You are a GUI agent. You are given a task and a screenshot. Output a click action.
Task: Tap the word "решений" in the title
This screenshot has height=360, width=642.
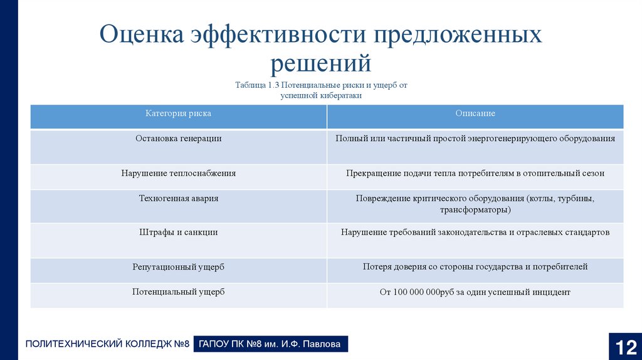321,63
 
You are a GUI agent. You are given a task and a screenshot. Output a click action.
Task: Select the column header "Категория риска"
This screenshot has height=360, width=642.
179,114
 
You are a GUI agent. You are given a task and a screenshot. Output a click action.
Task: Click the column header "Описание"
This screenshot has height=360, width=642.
475,114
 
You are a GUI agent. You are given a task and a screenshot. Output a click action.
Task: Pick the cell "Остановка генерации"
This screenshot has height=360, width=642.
179,138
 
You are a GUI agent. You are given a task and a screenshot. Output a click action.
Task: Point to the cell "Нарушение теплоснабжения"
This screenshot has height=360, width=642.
179,172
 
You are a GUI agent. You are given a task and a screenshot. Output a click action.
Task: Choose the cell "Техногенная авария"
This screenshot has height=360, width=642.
179,198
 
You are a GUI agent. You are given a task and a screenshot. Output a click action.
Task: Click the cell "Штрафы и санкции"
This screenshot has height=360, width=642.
179,232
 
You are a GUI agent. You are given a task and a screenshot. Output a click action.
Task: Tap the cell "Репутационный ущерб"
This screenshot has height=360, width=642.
179,267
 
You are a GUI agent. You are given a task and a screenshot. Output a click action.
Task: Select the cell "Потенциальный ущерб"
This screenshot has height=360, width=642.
179,292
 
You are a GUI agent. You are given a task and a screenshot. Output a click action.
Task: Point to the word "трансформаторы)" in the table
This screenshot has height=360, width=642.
475,209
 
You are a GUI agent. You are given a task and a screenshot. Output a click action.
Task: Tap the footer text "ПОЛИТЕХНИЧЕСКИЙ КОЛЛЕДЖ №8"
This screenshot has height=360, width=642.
107,344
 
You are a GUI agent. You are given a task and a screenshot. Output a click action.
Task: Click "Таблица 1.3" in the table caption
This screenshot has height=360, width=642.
258,85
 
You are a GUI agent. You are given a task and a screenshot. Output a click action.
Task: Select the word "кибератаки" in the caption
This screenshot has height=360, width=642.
340,96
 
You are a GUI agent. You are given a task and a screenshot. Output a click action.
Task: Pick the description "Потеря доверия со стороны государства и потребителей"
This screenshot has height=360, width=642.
475,267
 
